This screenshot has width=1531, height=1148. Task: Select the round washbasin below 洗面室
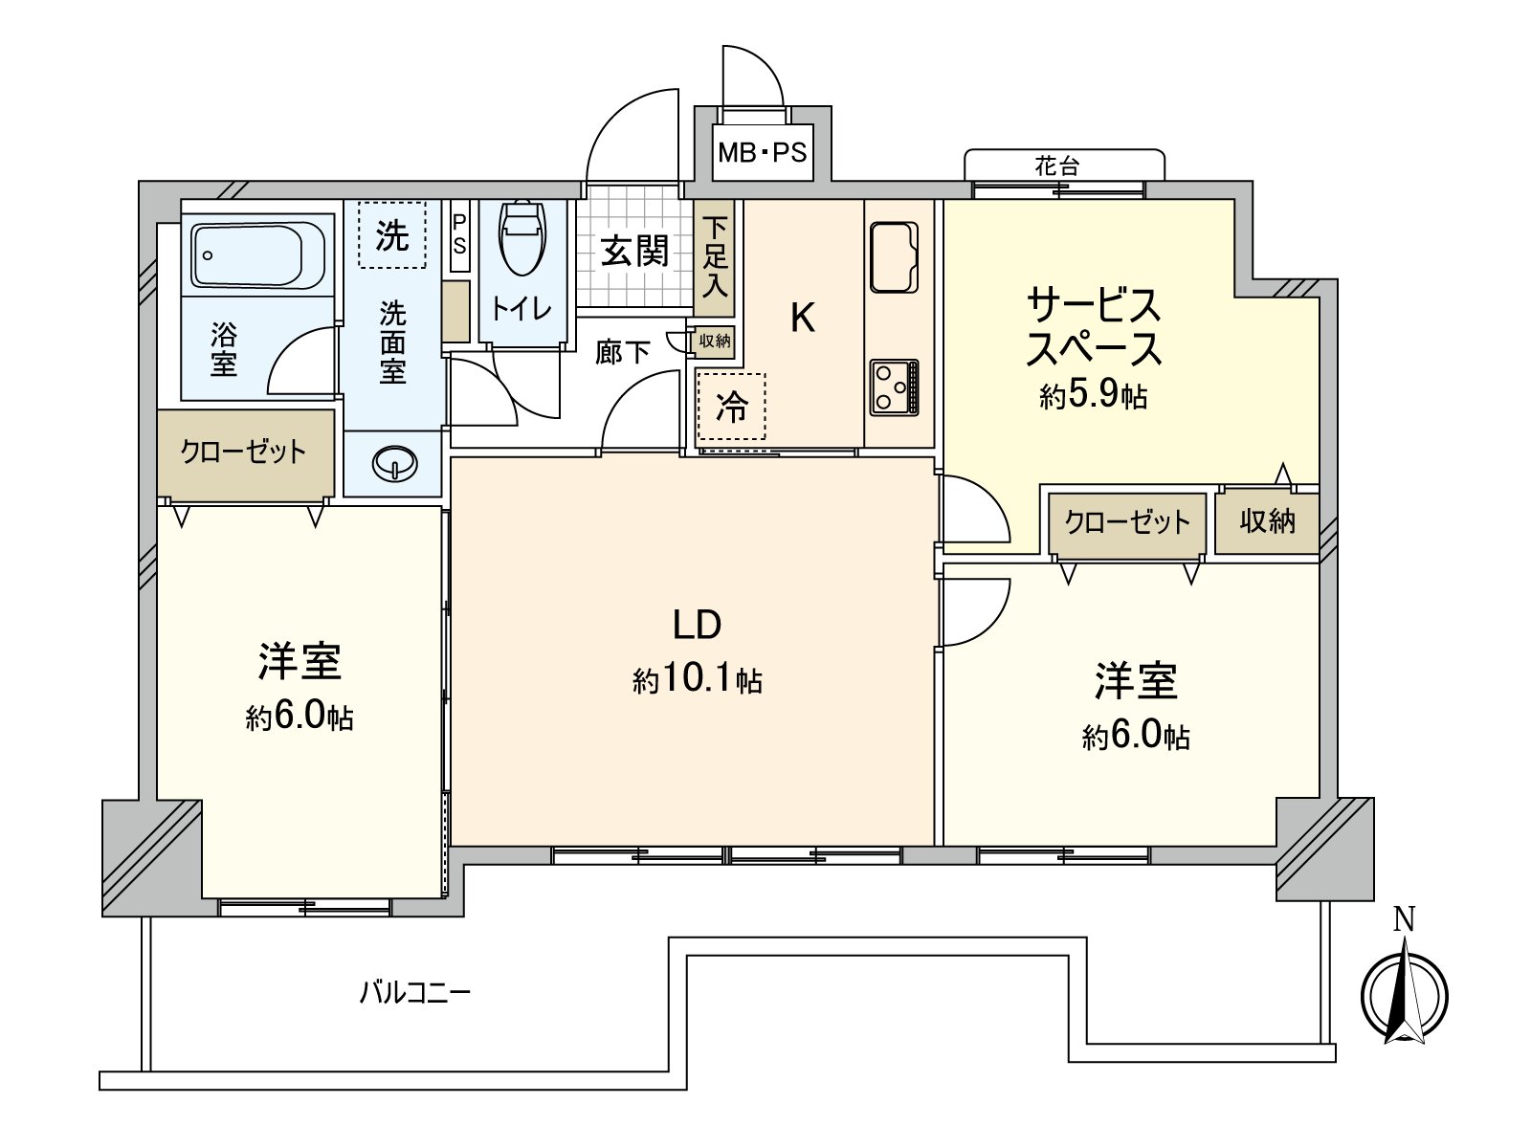pos(394,465)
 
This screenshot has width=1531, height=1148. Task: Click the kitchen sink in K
pos(895,256)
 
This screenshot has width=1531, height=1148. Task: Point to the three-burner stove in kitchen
pos(895,386)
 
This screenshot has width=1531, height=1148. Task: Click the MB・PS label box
pos(763,152)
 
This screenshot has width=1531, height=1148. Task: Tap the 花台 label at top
pos(1057,166)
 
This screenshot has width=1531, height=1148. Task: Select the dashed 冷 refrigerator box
pos(732,407)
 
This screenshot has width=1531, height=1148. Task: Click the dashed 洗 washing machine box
pos(391,234)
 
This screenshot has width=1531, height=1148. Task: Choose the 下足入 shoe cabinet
pos(715,256)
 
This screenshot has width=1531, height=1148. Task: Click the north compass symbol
pos(1404,995)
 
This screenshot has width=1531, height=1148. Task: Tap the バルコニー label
pos(415,992)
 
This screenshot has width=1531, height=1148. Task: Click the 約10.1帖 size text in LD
pos(697,680)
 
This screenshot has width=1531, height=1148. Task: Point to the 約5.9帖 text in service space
pos(1094,394)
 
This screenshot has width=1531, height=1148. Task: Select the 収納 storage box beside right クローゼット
pos(1267,521)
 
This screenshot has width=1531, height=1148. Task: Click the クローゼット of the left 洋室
pos(245,453)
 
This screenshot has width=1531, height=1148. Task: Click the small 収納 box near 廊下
pos(715,341)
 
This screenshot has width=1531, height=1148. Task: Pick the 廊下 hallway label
pos(623,352)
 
